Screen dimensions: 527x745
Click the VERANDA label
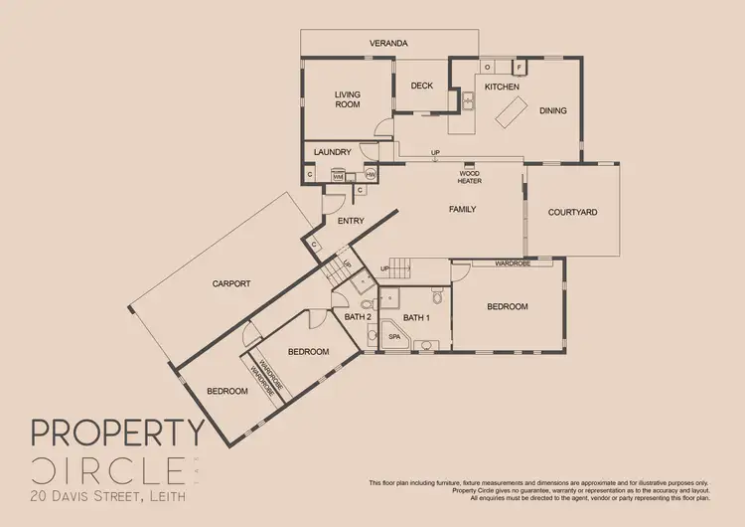389,44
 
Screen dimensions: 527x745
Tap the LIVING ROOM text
347,99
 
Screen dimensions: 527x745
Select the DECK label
422,87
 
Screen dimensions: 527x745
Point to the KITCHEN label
502,88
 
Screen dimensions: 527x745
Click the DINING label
553,111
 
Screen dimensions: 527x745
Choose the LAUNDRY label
332,152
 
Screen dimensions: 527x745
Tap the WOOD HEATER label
469,178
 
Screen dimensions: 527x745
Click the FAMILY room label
463,210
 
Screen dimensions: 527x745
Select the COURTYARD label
572,212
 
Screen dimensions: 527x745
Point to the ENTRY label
351,221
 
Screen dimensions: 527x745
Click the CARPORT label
231,283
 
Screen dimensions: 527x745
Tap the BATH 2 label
358,317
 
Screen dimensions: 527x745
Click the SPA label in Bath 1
393,337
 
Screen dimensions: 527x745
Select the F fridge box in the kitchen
518,68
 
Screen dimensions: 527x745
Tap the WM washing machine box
338,176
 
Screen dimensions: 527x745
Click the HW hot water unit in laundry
371,175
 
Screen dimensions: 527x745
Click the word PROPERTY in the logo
117,433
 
